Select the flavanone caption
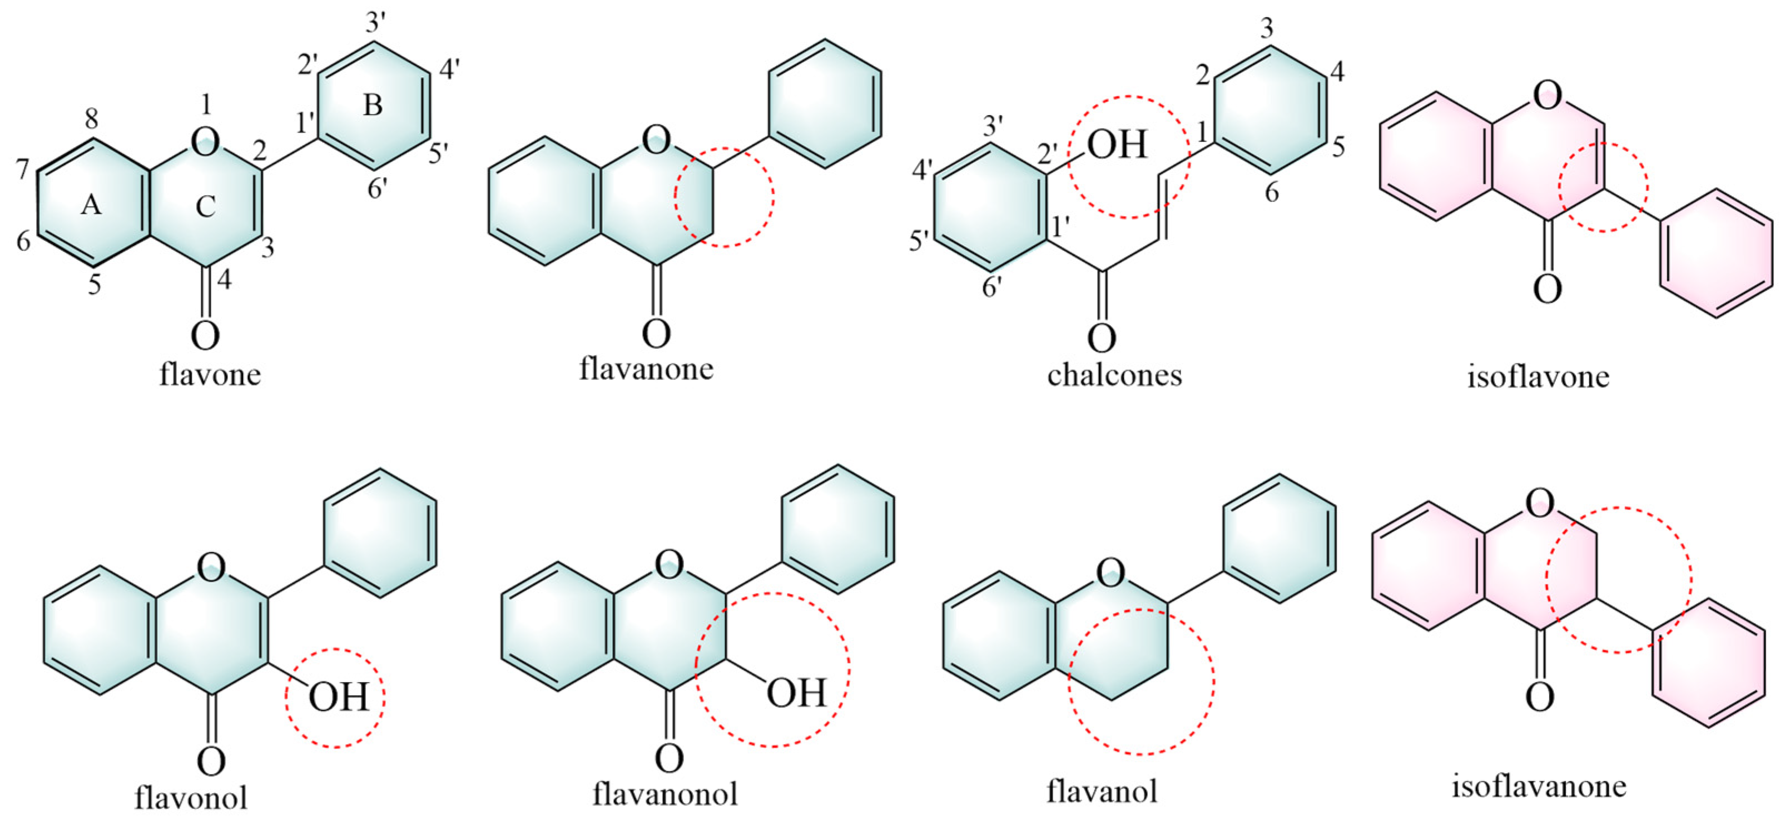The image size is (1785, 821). pyautogui.click(x=646, y=368)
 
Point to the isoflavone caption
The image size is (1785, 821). pyautogui.click(x=1538, y=376)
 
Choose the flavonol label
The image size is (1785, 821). pyautogui.click(x=191, y=798)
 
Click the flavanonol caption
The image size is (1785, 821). pyautogui.click(x=665, y=793)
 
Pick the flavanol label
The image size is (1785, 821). pyautogui.click(x=1102, y=790)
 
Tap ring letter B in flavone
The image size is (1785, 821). pyautogui.click(x=373, y=105)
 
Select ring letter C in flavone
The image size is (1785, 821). pyautogui.click(x=205, y=206)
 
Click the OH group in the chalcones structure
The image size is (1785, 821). pyautogui.click(x=1117, y=145)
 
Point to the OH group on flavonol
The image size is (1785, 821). pyautogui.click(x=338, y=697)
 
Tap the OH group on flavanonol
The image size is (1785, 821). pyautogui.click(x=796, y=692)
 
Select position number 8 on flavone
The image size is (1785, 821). pyautogui.click(x=91, y=119)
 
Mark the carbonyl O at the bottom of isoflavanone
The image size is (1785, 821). pyautogui.click(x=1540, y=696)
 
